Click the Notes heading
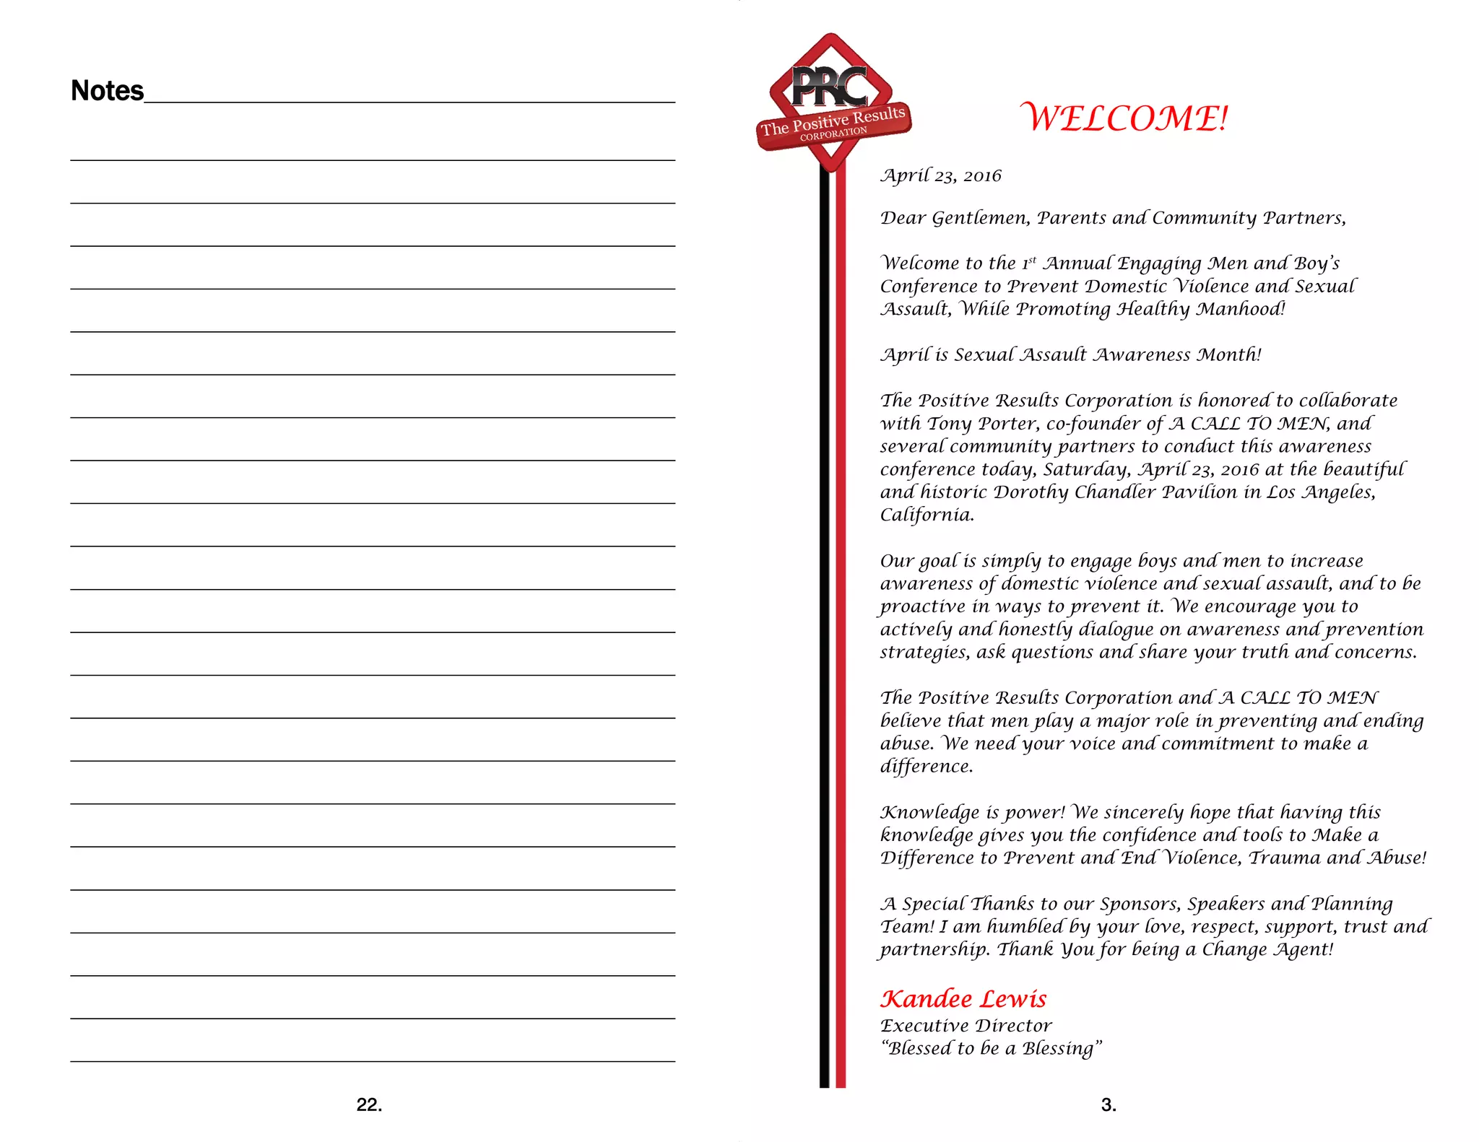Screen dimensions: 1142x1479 click(x=107, y=91)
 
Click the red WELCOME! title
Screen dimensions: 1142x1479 click(x=1124, y=118)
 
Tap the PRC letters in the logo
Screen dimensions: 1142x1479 click(x=830, y=87)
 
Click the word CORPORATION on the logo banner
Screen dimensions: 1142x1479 click(x=833, y=134)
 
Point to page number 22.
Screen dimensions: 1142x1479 click(x=369, y=1104)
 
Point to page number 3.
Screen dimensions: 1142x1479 click(x=1109, y=1104)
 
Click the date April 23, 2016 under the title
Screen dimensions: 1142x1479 click(x=940, y=175)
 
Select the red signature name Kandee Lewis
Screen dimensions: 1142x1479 click(x=963, y=999)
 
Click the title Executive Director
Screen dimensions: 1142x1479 click(x=966, y=1026)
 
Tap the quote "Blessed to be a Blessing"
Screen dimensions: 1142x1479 click(x=991, y=1048)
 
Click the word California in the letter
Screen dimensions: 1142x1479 click(x=927, y=515)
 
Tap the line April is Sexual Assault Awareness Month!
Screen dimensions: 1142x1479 click(x=1070, y=354)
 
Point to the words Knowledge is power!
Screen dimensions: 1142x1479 click(x=972, y=812)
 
